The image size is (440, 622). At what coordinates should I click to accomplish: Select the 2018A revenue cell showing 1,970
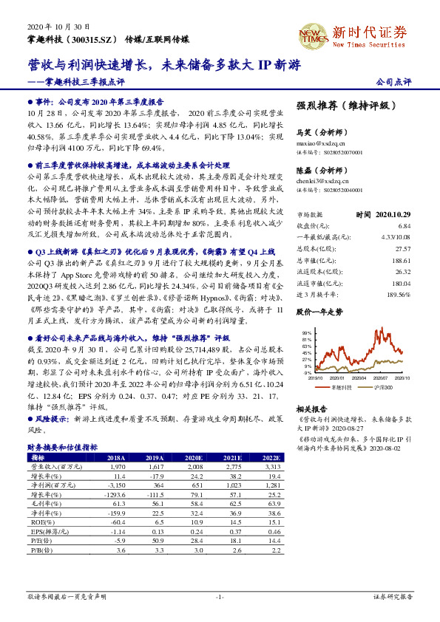pyautogui.click(x=118, y=468)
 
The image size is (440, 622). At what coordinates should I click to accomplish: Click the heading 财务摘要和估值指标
pyautogui.click(x=62, y=448)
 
